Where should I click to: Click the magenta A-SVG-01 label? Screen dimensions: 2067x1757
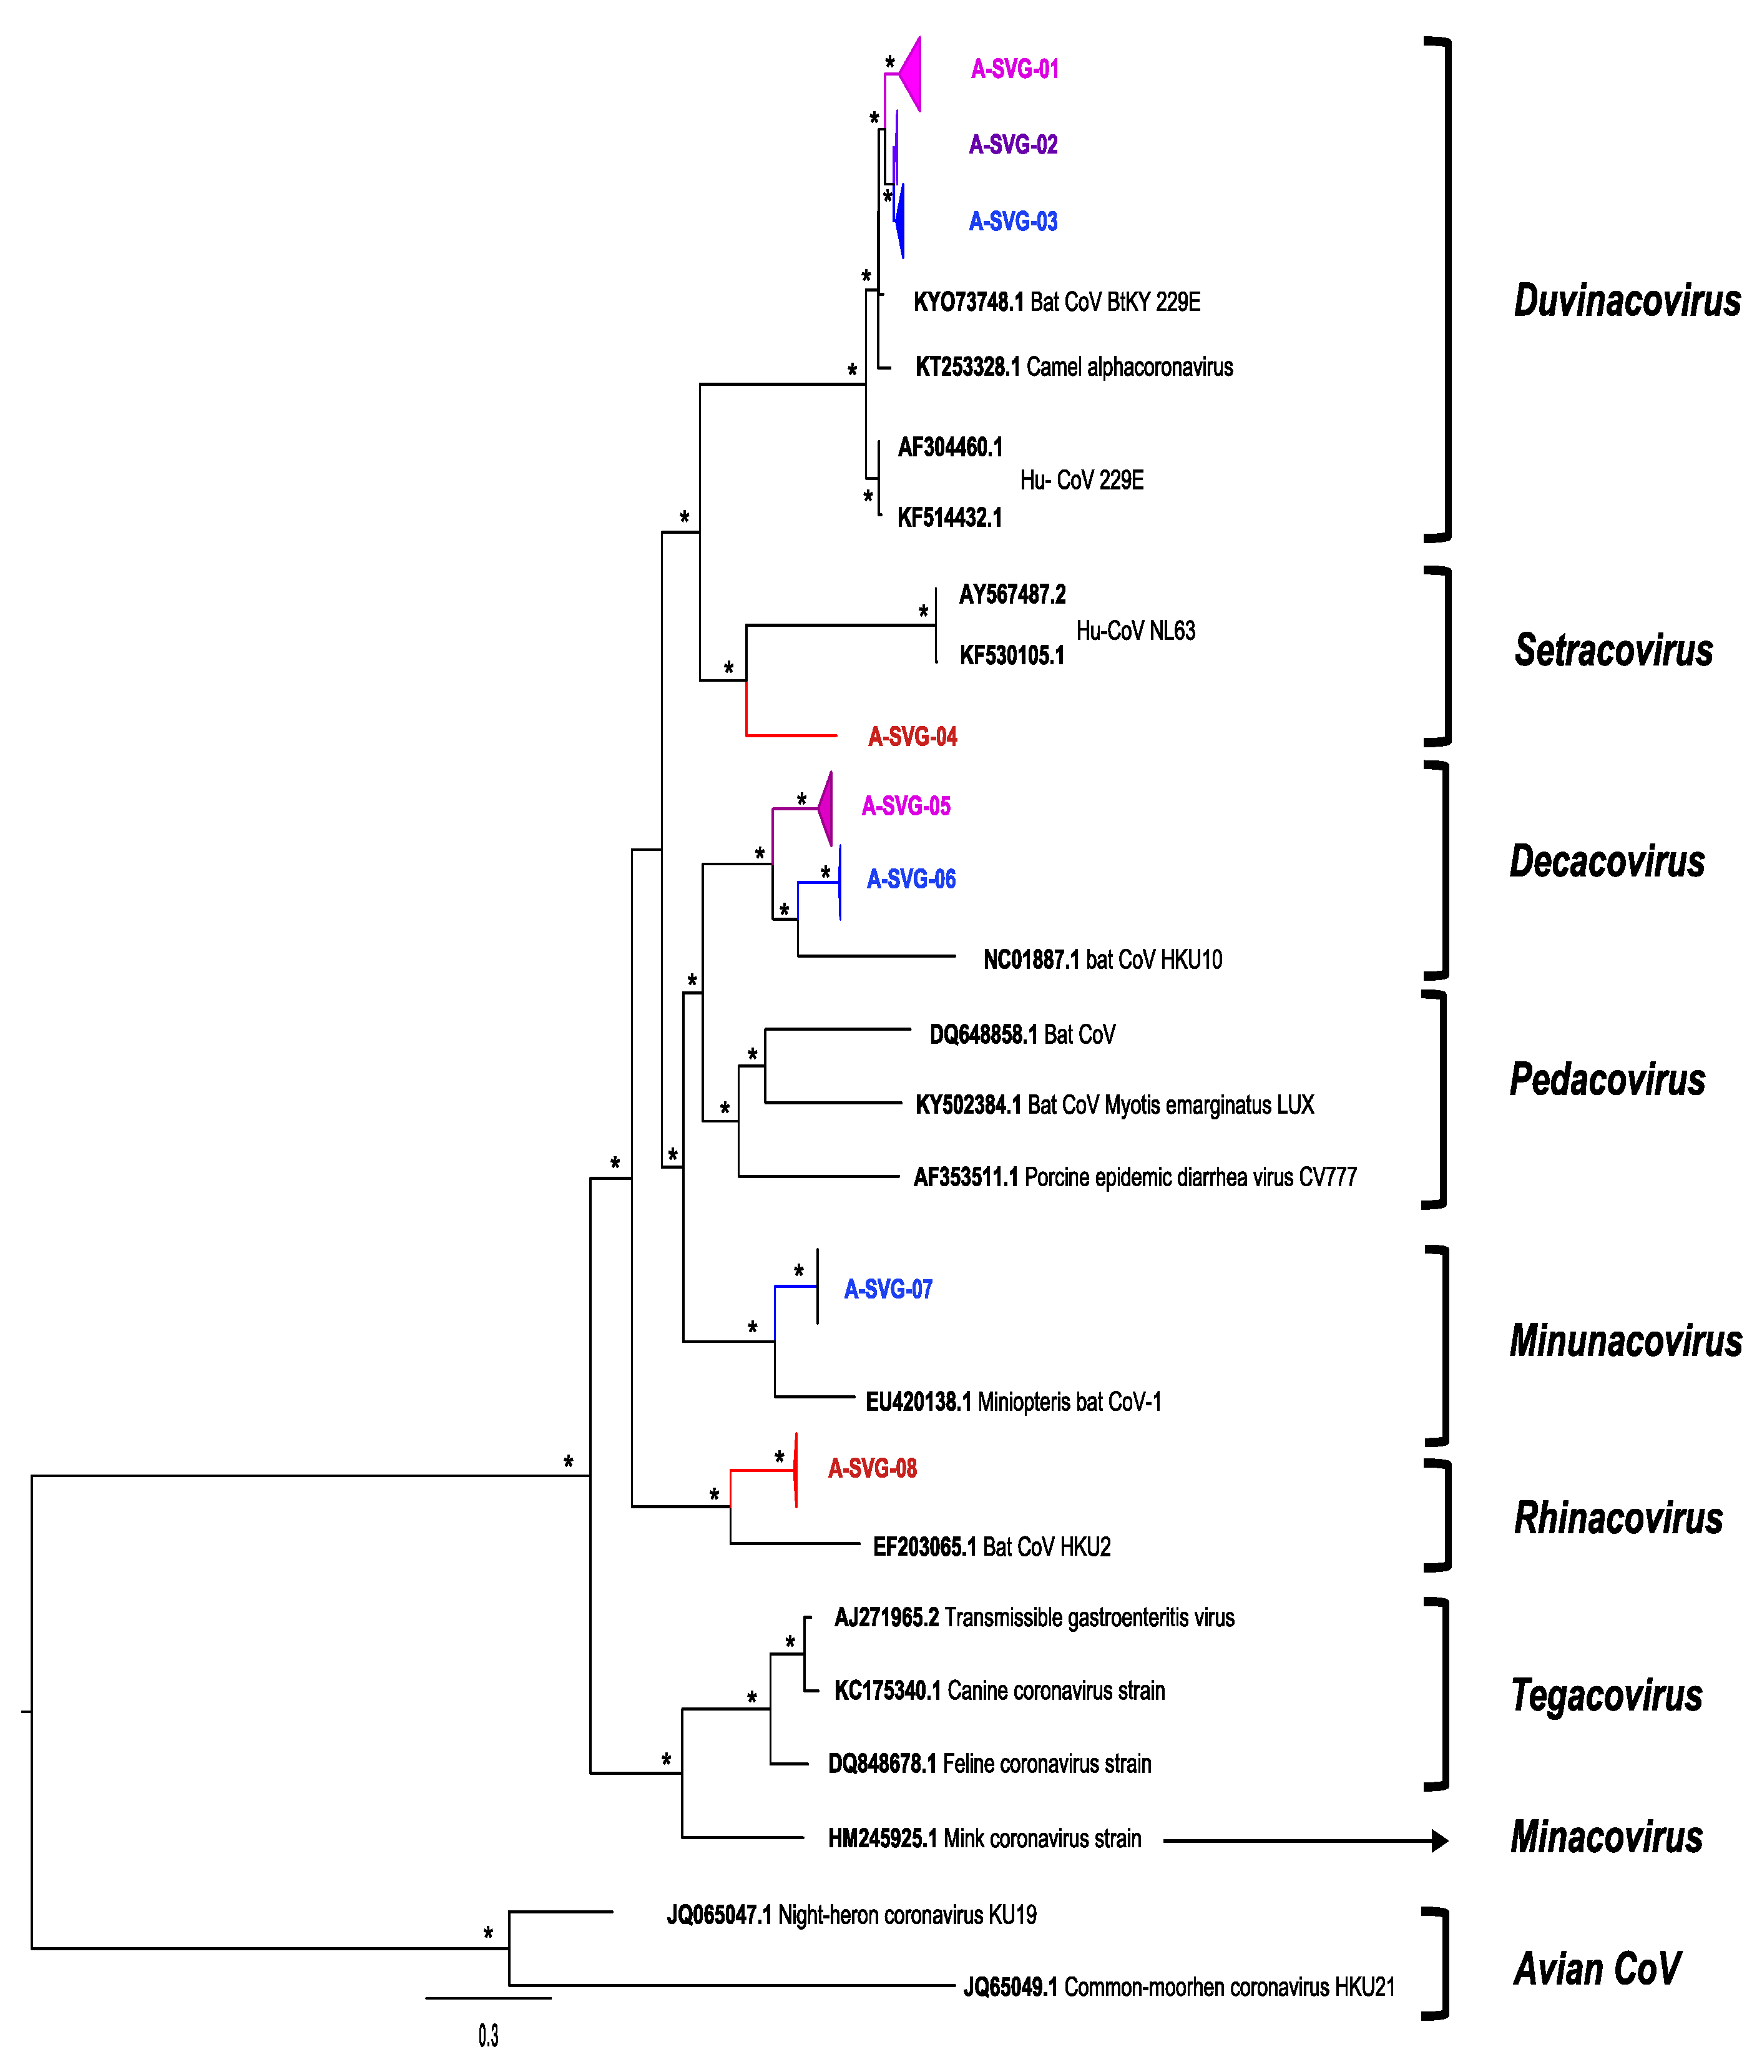1014,69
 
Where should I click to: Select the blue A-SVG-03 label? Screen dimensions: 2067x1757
1013,221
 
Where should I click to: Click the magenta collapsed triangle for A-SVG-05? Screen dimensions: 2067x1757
826,808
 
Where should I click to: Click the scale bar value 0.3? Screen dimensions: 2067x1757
488,2035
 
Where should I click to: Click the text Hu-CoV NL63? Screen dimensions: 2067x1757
1135,631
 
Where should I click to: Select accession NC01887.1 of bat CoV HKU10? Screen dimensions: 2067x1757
1031,960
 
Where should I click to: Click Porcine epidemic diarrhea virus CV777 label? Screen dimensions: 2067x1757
1190,1177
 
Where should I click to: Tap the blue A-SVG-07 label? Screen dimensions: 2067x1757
888,1289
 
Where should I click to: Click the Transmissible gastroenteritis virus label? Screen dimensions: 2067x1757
1089,1617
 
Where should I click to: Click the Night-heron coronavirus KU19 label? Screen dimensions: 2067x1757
906,1915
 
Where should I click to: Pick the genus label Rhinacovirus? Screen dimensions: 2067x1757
1618,1518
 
